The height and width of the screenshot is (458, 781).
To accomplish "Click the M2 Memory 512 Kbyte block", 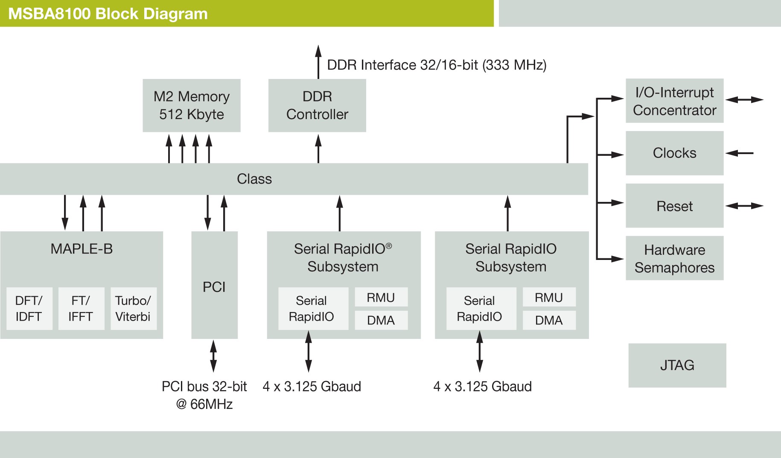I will point(191,105).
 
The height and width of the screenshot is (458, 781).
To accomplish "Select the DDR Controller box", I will point(317,105).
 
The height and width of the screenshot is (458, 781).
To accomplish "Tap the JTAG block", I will point(677,365).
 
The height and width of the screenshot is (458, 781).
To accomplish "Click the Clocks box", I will point(674,153).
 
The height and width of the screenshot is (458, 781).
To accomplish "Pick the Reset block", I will point(674,206).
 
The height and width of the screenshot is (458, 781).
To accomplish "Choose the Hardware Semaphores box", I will point(674,258).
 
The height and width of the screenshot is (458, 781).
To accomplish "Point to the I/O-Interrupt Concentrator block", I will point(674,101).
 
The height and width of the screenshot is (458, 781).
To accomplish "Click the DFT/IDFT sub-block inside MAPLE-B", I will point(29,309).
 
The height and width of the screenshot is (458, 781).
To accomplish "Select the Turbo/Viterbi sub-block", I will point(133,309).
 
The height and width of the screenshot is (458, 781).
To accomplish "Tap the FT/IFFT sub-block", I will point(81,309).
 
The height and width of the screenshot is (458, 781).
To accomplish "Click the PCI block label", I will point(214,287).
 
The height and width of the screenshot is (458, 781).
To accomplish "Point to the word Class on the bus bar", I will point(254,179).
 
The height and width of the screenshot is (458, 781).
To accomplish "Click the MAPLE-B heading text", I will point(82,248).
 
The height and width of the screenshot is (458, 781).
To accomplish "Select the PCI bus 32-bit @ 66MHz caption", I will point(204,395).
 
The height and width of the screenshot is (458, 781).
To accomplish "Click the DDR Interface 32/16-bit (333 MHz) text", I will point(436,65).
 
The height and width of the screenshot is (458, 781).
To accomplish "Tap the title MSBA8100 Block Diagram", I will point(108,14).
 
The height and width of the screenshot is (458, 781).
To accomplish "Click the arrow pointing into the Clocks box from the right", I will point(739,153).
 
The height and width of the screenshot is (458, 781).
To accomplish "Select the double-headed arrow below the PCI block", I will point(213,356).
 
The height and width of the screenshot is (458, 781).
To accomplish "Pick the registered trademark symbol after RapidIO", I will point(389,246).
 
